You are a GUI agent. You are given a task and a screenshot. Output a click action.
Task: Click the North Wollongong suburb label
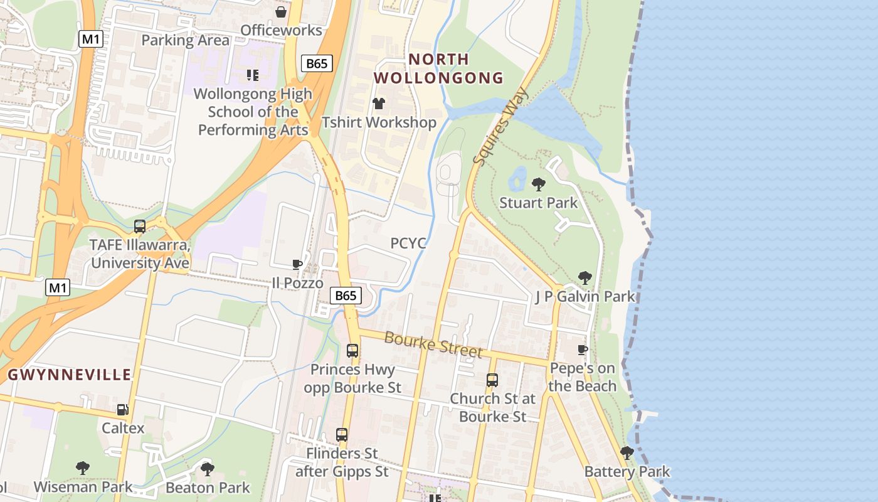(439, 68)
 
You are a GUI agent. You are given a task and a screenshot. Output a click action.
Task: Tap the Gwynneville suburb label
(70, 375)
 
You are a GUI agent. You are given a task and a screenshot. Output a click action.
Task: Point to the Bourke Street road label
(433, 344)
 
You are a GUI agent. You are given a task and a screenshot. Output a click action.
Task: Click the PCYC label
(408, 243)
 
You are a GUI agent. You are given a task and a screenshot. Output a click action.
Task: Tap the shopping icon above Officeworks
(281, 12)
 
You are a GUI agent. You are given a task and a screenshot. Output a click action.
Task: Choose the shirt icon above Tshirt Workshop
(378, 104)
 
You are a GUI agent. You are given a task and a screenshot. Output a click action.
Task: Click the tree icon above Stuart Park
(538, 184)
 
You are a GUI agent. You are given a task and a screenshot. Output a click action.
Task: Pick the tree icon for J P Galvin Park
(584, 278)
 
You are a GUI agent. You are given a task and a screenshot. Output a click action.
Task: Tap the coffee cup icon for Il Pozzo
(297, 265)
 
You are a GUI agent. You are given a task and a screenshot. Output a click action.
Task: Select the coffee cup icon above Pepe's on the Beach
(583, 350)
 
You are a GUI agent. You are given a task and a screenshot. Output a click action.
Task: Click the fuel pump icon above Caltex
(123, 410)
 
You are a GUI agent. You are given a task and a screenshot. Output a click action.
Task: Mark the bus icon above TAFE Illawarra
(140, 227)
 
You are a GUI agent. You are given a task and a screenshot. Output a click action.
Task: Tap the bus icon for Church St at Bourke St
(492, 380)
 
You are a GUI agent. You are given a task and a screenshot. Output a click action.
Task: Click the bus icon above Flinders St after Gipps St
(342, 434)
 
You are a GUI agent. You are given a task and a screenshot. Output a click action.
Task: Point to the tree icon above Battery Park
(627, 453)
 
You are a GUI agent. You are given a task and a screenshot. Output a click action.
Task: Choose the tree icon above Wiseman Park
(82, 468)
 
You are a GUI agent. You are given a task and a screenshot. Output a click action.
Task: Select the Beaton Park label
(208, 488)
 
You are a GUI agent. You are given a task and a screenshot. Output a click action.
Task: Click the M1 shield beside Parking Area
(91, 39)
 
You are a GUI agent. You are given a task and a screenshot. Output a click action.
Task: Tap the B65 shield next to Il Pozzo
(346, 296)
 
